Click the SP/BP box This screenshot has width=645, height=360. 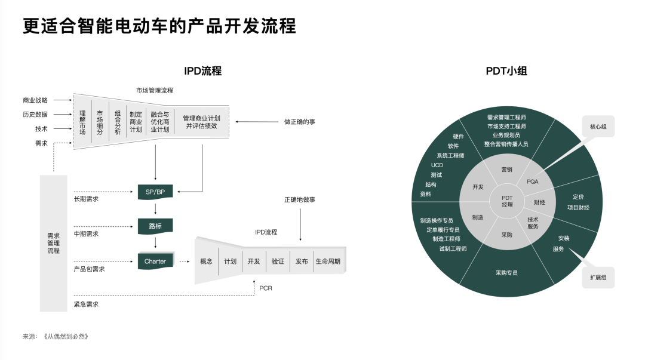pos(155,192)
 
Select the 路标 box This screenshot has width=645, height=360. pos(155,226)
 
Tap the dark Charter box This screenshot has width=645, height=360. pos(155,261)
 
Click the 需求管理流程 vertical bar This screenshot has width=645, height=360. pos(54,243)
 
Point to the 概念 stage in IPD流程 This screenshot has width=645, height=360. pos(206,261)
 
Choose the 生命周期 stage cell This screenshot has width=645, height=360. pos(328,261)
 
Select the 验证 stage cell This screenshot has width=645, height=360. pos(278,261)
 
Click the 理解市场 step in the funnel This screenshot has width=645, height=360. pos(82,122)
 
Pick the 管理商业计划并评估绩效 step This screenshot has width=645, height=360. pos(201,122)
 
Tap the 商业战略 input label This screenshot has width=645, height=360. pos(35,100)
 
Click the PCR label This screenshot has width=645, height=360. pos(266,288)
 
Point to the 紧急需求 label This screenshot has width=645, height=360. pos(86,304)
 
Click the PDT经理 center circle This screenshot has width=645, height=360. pos(507,201)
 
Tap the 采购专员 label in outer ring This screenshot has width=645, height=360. pos(506,273)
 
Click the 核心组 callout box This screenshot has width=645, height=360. pos(598,127)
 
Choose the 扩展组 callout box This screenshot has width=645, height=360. pos(598,278)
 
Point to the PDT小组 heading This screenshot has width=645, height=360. pos(506,71)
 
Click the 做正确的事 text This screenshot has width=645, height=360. pos(300,122)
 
